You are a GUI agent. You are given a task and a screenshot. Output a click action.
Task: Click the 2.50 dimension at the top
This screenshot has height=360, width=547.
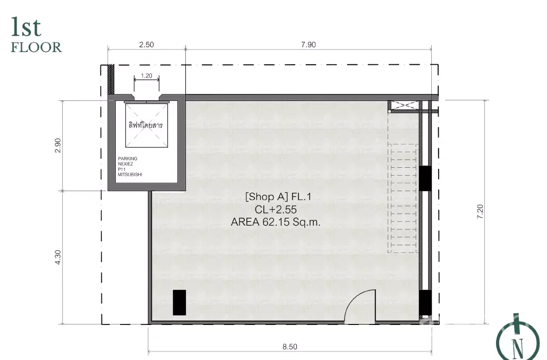point(146,45)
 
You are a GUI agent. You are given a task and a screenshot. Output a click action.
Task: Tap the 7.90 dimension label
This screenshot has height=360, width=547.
point(308,45)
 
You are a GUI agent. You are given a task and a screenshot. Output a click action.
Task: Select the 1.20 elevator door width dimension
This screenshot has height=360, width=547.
point(147,76)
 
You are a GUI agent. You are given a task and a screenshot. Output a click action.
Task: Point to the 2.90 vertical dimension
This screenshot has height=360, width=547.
point(58,145)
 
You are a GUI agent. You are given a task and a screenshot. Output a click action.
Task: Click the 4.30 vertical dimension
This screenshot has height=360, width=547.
point(58,257)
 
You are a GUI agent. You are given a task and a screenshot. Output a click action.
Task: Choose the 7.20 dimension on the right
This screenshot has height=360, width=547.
point(480,212)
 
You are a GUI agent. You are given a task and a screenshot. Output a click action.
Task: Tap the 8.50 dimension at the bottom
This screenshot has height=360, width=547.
point(290,347)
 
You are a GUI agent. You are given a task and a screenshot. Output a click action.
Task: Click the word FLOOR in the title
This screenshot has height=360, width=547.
point(36,47)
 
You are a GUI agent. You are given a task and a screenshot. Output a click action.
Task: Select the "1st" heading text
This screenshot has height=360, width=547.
point(26,27)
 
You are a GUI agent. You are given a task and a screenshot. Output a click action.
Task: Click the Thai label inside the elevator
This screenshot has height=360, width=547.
point(146,125)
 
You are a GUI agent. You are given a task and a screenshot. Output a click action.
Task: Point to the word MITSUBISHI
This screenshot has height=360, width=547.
point(130,174)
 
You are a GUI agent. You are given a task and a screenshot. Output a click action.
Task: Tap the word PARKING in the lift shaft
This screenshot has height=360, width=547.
point(127,158)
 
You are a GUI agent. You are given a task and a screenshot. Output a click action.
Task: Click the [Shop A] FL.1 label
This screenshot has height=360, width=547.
point(278,197)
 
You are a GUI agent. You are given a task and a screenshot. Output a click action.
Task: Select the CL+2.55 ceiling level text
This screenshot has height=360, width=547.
point(276,210)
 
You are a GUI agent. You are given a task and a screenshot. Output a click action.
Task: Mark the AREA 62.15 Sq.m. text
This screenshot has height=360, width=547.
point(276,222)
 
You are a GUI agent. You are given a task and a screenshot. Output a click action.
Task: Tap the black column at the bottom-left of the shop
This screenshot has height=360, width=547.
point(180,303)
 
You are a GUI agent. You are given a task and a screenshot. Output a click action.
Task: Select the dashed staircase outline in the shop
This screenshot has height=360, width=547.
point(403,198)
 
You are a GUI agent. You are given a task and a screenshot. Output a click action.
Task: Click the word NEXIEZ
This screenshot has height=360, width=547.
point(125,164)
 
